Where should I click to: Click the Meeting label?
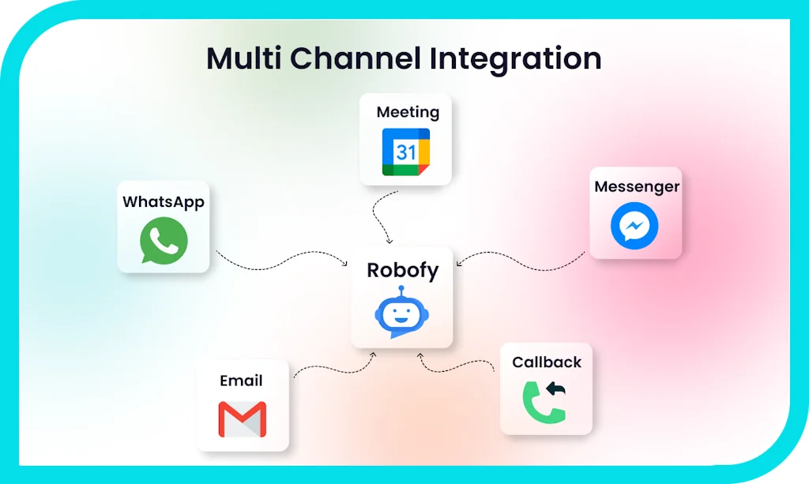click(408, 112)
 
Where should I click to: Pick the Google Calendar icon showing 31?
click(406, 152)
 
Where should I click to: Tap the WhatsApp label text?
click(164, 202)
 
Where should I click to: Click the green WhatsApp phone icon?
click(164, 241)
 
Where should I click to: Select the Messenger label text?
click(637, 187)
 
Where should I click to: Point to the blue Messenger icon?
click(634, 227)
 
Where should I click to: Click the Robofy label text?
click(402, 270)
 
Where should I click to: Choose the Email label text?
click(241, 381)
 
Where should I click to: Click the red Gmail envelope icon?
click(243, 419)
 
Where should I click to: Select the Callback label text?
click(547, 362)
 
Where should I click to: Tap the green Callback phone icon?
click(544, 401)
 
